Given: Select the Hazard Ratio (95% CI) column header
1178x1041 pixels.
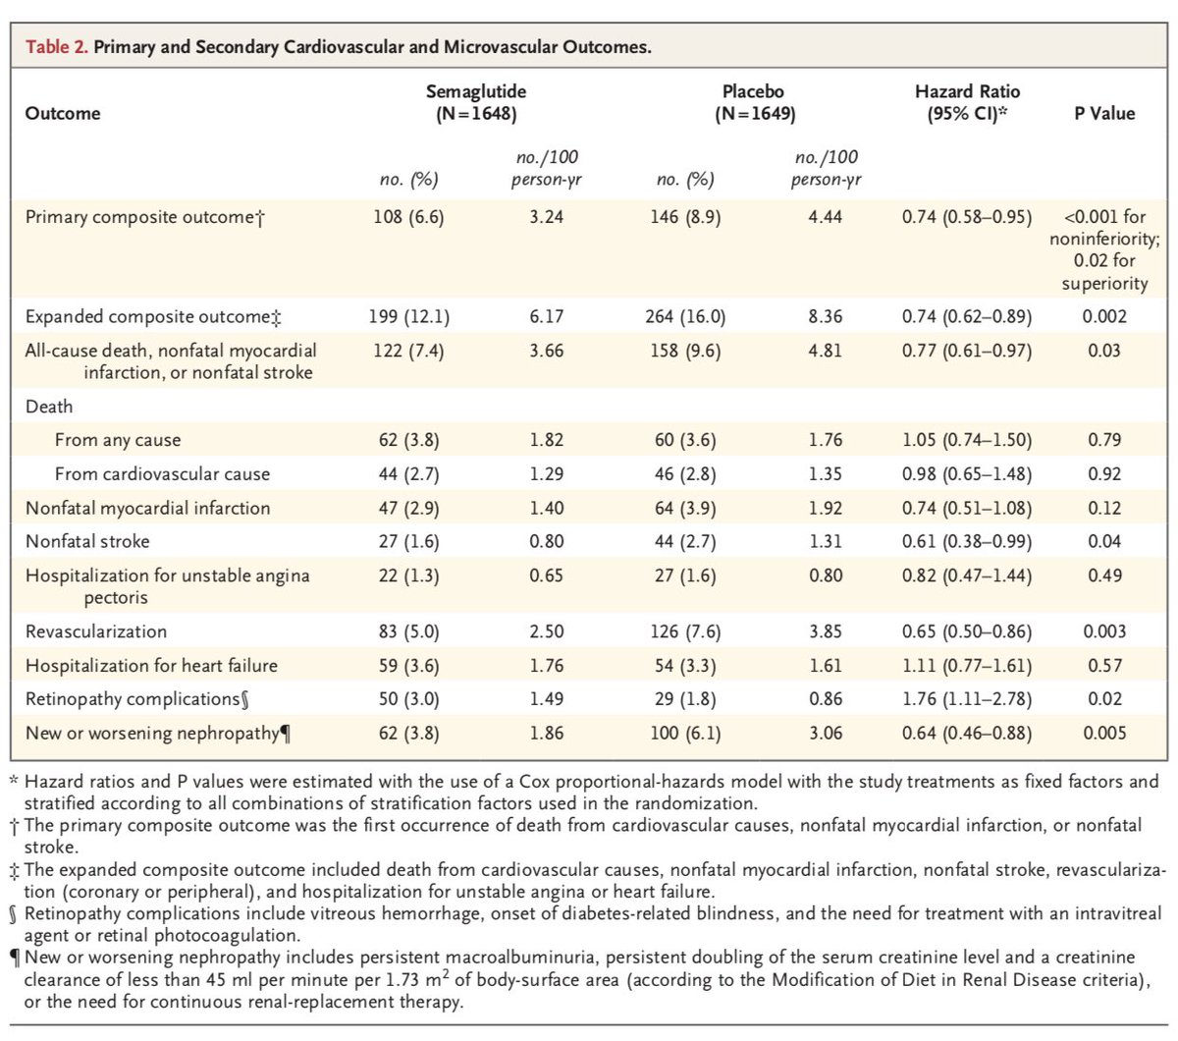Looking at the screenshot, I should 967,102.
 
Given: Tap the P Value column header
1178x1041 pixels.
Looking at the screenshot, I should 1104,113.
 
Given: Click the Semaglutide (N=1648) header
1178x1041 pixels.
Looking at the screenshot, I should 476,102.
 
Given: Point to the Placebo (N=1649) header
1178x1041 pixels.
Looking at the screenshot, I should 754,102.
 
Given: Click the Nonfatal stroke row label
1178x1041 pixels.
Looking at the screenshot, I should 87,541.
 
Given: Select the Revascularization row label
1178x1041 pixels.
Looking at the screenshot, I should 96,631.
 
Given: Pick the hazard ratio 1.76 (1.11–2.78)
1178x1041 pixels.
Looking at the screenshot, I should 967,699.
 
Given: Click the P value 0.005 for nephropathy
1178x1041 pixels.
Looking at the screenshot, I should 1104,733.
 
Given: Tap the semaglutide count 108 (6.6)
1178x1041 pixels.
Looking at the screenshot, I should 408,217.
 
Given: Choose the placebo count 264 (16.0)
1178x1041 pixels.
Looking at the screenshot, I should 686,316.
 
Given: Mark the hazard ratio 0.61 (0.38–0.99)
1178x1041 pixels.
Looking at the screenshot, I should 967,541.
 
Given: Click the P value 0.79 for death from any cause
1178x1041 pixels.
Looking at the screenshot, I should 1104,440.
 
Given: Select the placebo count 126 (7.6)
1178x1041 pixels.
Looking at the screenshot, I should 685,631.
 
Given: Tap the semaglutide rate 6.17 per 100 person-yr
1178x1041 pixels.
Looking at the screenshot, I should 546,316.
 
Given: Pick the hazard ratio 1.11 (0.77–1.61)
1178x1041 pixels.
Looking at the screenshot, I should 967,666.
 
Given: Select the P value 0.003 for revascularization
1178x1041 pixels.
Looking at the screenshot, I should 1104,631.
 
